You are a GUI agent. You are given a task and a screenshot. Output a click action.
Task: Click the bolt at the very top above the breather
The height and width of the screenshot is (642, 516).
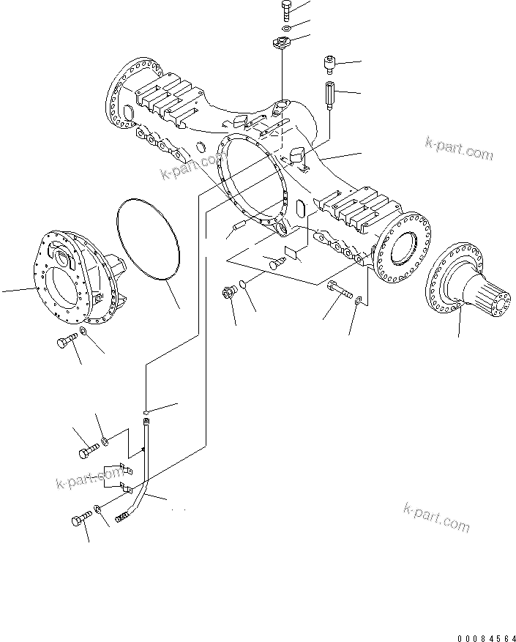click(x=285, y=11)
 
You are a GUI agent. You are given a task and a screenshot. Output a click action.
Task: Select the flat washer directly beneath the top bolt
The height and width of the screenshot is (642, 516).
click(x=285, y=29)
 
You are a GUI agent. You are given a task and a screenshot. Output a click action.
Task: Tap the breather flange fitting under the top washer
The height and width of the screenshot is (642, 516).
click(x=282, y=43)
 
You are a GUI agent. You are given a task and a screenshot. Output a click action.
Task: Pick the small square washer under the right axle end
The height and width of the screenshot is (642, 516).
click(x=357, y=301)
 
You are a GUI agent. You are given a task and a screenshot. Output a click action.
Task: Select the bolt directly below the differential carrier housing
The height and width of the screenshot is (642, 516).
click(x=65, y=341)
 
